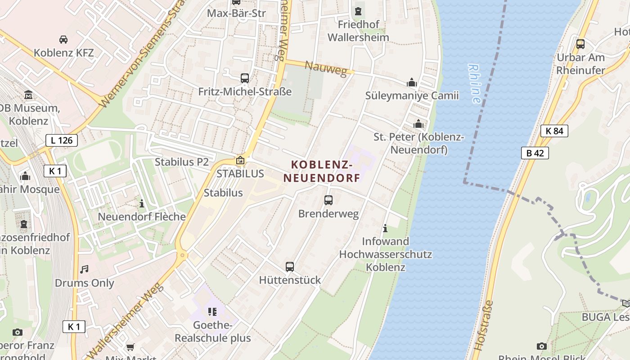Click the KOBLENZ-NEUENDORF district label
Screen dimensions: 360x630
click(x=322, y=171)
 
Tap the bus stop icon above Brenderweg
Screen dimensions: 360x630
click(x=328, y=200)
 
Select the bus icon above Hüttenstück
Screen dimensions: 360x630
click(x=290, y=267)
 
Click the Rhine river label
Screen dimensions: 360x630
click(x=474, y=84)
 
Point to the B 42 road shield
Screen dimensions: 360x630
click(x=535, y=153)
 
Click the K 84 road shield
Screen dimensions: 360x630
click(x=554, y=131)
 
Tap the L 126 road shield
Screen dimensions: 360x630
click(x=62, y=140)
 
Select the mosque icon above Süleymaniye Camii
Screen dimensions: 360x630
click(x=412, y=83)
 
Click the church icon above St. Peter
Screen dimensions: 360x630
click(x=418, y=124)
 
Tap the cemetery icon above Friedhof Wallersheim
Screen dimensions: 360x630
click(x=359, y=11)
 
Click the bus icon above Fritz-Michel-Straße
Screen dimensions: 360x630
click(x=245, y=78)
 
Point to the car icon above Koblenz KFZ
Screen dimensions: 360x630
click(x=63, y=40)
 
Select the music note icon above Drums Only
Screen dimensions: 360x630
click(x=84, y=270)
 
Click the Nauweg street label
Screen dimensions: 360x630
click(x=326, y=68)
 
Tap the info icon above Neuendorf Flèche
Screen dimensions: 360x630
click(x=142, y=203)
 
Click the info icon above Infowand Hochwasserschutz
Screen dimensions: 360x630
click(x=385, y=229)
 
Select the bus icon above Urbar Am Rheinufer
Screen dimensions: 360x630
click(x=580, y=44)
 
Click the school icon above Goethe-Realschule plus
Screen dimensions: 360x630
click(x=212, y=311)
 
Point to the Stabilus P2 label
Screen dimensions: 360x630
click(x=182, y=162)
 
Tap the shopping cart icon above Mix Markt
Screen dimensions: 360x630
click(x=130, y=347)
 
